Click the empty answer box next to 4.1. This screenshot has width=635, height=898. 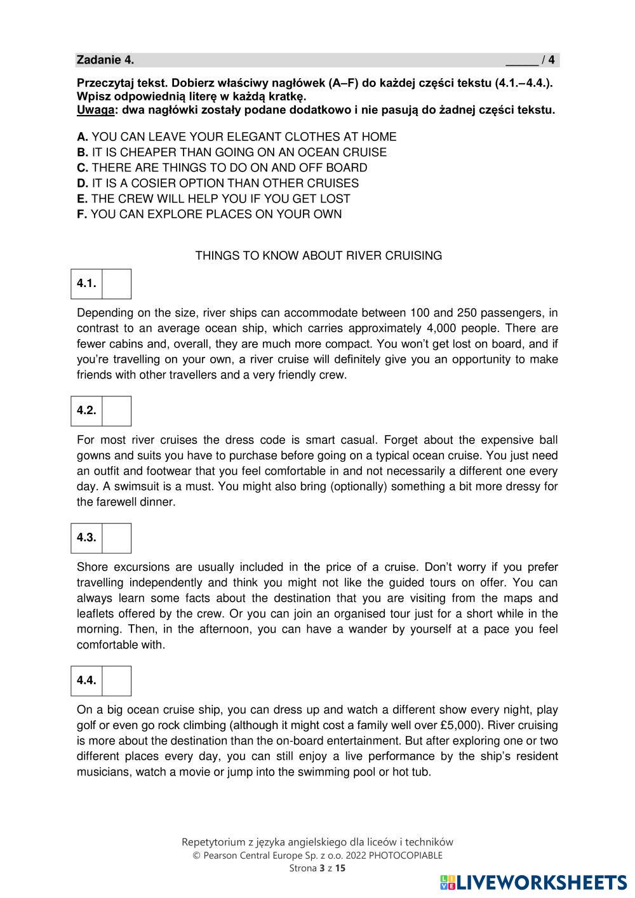coord(116,284)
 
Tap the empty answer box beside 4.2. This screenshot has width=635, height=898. coord(116,411)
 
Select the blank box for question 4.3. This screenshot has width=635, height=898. coord(116,538)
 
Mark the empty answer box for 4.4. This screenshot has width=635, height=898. coord(116,681)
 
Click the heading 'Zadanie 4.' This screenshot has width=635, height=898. coord(105,60)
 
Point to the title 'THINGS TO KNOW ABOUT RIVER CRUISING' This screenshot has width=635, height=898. coord(318,256)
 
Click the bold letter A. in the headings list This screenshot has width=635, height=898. coord(82,137)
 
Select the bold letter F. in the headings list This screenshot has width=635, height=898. coord(82,215)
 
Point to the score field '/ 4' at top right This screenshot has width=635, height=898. coord(547,60)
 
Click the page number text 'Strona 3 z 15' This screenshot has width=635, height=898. coord(317,868)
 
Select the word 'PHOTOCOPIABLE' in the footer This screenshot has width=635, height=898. coord(405,855)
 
